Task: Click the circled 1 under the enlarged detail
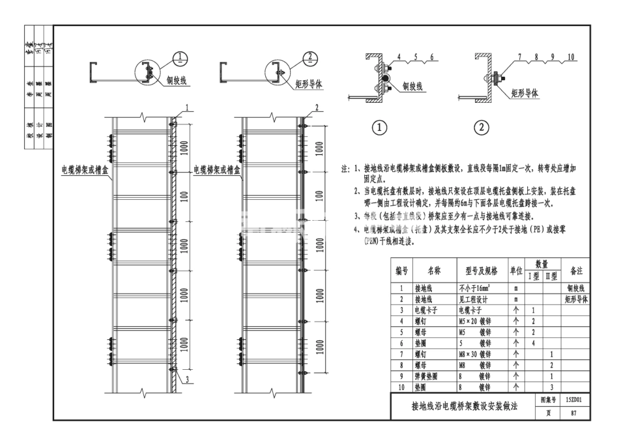[x=379, y=128]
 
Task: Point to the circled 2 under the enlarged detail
[x=481, y=128]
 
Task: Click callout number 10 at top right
[x=571, y=57]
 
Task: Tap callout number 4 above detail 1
[x=398, y=57]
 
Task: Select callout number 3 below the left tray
[x=187, y=378]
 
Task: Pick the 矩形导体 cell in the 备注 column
[x=575, y=299]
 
